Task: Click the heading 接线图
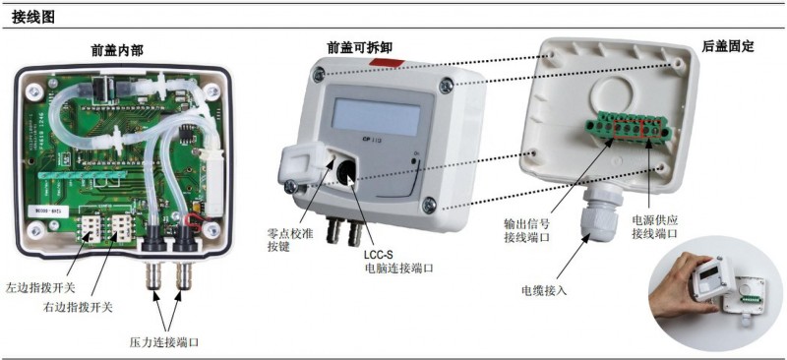[33, 19]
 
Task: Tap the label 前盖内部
[117, 50]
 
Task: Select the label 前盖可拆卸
[360, 47]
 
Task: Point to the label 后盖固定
[728, 46]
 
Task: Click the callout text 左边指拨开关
[40, 288]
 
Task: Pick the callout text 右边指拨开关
[78, 307]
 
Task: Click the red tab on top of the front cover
[387, 63]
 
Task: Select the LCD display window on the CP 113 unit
[376, 116]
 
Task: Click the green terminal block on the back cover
[628, 129]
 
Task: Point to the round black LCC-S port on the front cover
[347, 171]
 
